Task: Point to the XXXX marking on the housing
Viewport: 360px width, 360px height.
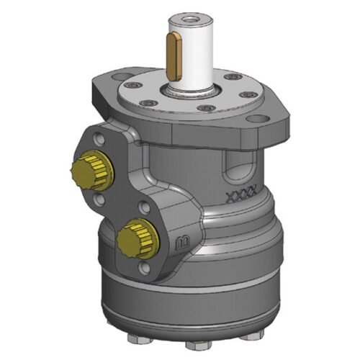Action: click(240, 195)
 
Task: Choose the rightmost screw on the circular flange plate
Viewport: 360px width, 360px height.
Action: click(249, 95)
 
